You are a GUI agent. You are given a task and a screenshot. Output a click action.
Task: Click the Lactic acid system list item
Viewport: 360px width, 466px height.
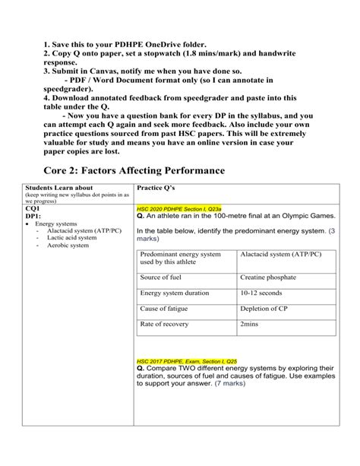(71, 238)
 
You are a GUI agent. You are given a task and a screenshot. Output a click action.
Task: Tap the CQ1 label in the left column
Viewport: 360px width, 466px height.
(33, 207)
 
